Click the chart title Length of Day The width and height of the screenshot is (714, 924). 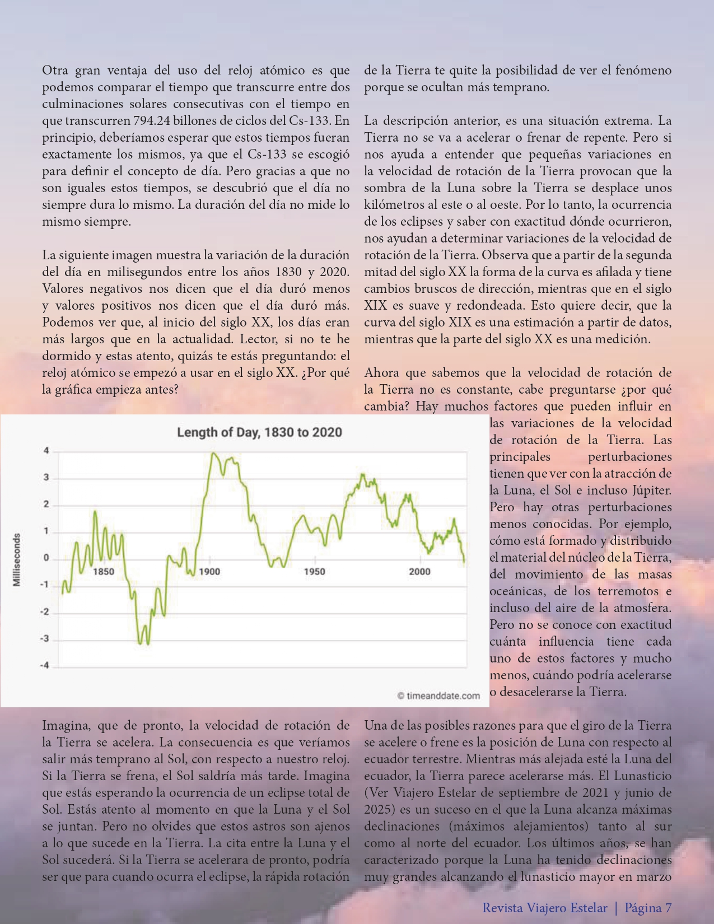(x=259, y=432)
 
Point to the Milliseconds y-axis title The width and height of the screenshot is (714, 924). (x=17, y=560)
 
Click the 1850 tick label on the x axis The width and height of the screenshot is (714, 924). (x=103, y=572)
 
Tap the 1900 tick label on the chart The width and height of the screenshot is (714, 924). (x=209, y=572)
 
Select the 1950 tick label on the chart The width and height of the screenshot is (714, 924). (x=315, y=572)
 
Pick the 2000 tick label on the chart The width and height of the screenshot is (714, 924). (x=419, y=572)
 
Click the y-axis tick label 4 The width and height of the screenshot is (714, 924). (x=46, y=451)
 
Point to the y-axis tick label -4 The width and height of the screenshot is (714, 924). (x=45, y=666)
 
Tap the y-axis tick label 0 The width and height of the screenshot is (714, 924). (x=46, y=558)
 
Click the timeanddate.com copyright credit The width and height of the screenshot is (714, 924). (x=438, y=696)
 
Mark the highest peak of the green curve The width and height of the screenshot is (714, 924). (x=212, y=453)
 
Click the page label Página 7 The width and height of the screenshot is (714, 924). (x=648, y=908)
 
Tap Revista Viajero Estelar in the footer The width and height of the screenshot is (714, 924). (x=544, y=908)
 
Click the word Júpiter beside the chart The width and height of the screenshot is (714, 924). (x=651, y=491)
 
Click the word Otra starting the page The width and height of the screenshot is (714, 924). (x=55, y=71)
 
